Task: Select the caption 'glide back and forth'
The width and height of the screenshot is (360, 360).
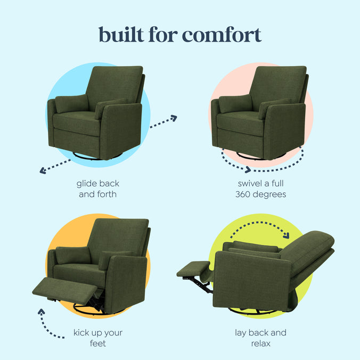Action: coord(97,189)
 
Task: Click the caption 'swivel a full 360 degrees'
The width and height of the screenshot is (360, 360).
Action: coord(261,189)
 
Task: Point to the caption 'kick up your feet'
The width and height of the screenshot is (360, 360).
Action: coord(97,338)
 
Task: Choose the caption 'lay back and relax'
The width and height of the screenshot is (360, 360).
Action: coord(261,338)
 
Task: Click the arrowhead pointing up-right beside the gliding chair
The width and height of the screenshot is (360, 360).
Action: coord(173,118)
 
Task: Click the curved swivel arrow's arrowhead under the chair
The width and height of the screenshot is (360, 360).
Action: coord(248,170)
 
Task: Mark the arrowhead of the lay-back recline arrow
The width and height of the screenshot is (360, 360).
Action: coord(287,235)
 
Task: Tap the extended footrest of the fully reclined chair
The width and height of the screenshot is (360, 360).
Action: coord(193,269)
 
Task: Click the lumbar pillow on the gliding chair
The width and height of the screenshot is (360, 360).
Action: coord(71,103)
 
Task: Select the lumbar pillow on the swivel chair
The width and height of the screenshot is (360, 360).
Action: coord(235,103)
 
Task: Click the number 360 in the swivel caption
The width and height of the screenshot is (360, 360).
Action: coord(246,194)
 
